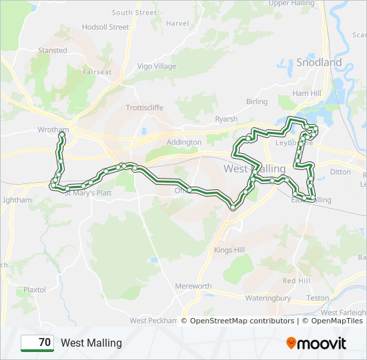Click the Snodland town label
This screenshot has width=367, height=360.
pyautogui.click(x=318, y=63)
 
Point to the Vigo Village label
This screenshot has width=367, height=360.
pyautogui.click(x=156, y=67)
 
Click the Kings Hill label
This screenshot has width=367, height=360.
pyautogui.click(x=230, y=250)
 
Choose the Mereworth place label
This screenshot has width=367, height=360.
pyautogui.click(x=193, y=286)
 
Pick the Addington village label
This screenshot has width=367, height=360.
pyautogui.click(x=183, y=142)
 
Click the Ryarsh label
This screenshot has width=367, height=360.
pyautogui.click(x=226, y=119)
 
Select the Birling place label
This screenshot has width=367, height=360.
pyautogui.click(x=257, y=102)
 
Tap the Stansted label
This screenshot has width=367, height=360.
pyautogui.click(x=53, y=51)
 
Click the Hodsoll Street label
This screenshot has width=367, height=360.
pyautogui.click(x=105, y=27)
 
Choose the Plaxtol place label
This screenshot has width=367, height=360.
pyautogui.click(x=34, y=290)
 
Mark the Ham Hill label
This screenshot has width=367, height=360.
pyautogui.click(x=306, y=93)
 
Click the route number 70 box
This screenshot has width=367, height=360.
pyautogui.click(x=37, y=343)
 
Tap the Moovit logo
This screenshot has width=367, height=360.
pyautogui.click(x=316, y=343)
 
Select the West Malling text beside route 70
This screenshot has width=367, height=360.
pyautogui.click(x=91, y=343)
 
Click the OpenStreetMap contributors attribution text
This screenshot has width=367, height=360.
pyautogui.click(x=242, y=321)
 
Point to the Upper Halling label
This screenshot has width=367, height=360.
pyautogui.click(x=291, y=3)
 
